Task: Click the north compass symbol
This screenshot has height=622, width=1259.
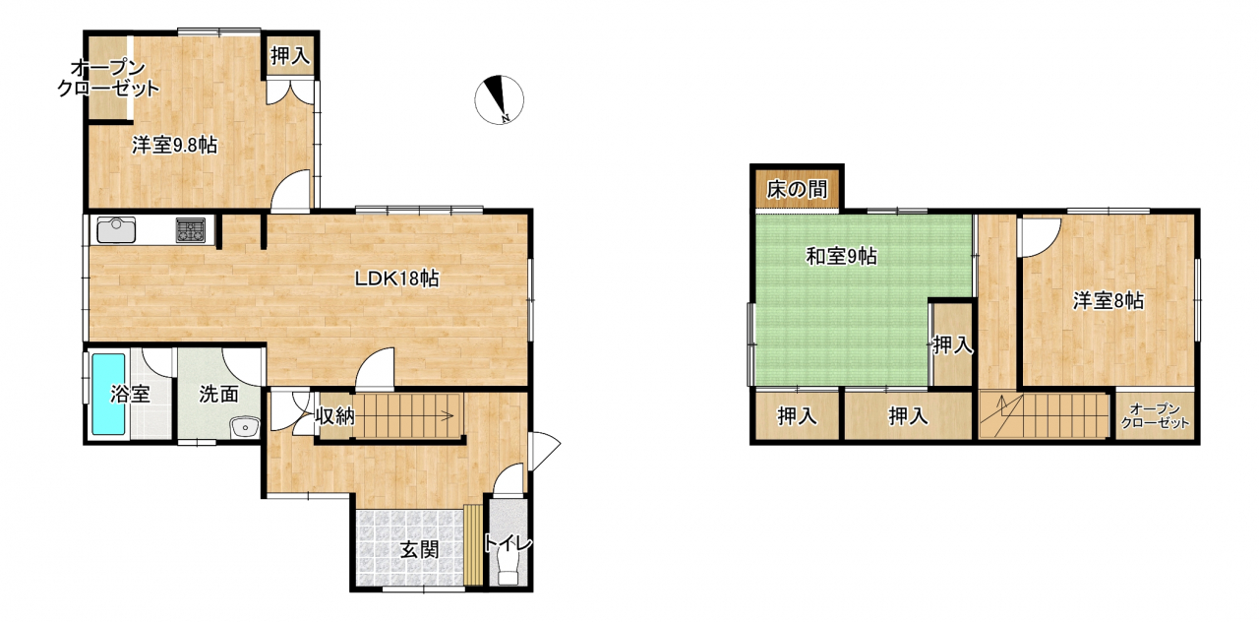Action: coord(499,99)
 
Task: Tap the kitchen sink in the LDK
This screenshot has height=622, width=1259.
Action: coord(116,229)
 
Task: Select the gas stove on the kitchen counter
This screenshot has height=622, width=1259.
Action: coord(191,230)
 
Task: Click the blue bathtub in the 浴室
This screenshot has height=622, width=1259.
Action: coord(108,394)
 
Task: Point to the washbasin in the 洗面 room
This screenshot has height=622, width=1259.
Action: coord(245,427)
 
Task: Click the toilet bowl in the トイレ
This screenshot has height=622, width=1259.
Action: coord(508,564)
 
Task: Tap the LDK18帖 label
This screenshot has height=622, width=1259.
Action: coord(396,279)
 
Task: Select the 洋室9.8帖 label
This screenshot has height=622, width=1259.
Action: coord(175,145)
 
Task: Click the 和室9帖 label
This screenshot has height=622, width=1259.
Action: coord(841,257)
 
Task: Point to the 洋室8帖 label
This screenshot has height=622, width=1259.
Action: coord(1108,301)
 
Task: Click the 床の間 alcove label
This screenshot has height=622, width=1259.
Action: coord(797,190)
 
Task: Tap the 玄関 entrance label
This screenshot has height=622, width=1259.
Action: coord(419,549)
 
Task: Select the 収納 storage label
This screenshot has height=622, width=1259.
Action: coord(334,415)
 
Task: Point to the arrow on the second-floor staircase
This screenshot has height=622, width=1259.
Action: coord(1001,415)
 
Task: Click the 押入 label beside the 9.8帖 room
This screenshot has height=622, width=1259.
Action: coord(290,56)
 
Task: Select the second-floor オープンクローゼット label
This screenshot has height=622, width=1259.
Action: coord(1155,416)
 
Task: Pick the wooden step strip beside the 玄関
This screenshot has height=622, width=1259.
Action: coord(473,545)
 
